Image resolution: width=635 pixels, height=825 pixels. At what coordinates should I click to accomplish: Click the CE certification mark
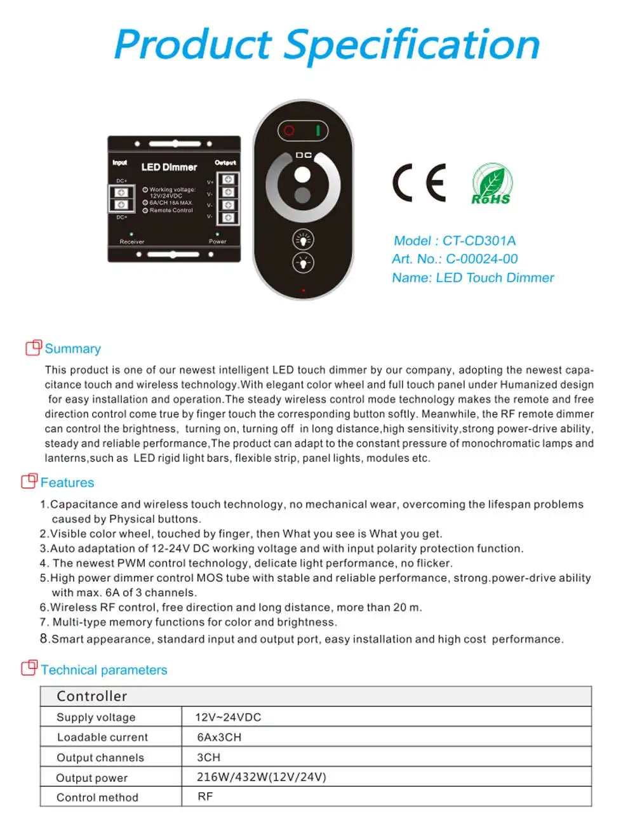419,183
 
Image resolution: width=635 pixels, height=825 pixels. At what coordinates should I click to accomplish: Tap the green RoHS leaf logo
491,184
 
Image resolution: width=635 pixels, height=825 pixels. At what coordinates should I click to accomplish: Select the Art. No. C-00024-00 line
455,259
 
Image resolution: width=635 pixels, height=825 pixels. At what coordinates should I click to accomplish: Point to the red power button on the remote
290,131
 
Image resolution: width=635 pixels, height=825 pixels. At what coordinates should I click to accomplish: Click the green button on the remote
317,131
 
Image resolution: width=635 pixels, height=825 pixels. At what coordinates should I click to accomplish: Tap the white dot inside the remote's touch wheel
303,175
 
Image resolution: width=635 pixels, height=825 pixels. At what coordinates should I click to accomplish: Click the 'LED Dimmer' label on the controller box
169,168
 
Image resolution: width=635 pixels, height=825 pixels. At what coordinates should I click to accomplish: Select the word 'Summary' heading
72,349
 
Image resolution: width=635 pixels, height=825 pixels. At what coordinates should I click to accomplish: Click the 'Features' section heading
67,483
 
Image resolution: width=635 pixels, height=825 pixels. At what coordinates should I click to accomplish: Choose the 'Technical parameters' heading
104,670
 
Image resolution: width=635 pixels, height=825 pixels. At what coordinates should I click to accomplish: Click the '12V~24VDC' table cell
228,717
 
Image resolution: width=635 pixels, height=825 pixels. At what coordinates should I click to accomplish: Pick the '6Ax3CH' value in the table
219,737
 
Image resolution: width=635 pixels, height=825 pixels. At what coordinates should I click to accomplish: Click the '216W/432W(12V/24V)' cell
261,777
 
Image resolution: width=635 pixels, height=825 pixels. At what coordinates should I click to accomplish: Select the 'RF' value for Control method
205,796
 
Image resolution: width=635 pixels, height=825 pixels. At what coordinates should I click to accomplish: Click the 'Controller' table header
91,696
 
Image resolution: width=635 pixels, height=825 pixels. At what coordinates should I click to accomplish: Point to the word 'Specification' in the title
411,46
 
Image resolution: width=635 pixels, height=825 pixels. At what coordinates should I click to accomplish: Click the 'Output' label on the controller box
225,163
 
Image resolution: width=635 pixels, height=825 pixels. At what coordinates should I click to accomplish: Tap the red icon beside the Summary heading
33,347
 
